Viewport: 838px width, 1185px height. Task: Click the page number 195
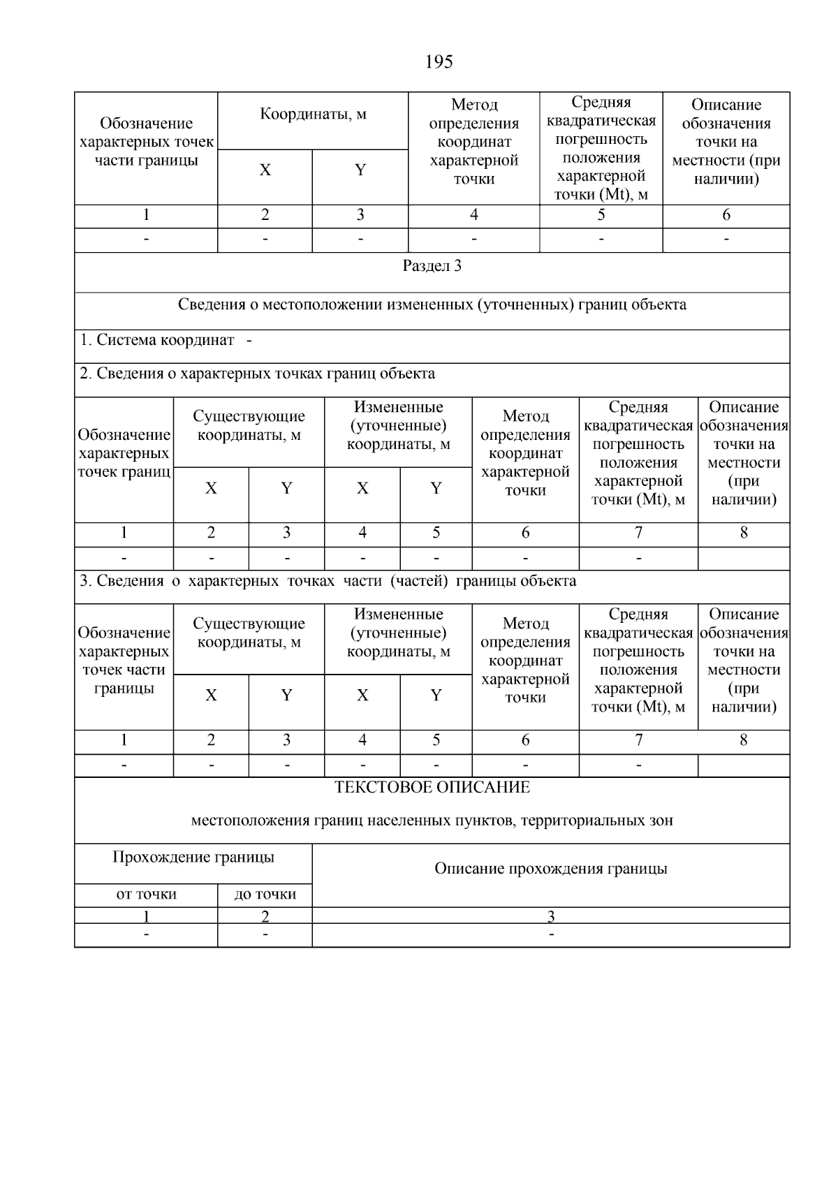(x=439, y=62)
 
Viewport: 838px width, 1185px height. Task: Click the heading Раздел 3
(x=432, y=266)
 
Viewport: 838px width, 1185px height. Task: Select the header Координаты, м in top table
(x=313, y=114)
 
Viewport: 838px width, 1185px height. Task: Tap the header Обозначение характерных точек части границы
(x=146, y=142)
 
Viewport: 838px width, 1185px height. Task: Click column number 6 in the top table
(x=726, y=215)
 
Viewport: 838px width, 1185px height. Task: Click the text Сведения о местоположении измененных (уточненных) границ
(x=432, y=304)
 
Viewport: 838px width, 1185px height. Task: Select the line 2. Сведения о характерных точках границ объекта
(x=257, y=374)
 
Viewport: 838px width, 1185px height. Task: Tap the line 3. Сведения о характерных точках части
(x=328, y=581)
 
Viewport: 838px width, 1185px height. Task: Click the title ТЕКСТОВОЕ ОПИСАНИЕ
(x=432, y=788)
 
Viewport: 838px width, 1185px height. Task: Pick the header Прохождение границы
(x=193, y=857)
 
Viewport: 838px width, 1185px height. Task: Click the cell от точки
(x=146, y=895)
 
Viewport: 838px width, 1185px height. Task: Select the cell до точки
(x=265, y=895)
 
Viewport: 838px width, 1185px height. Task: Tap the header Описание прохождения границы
(x=550, y=869)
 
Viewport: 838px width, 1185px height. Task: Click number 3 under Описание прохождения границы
(x=550, y=916)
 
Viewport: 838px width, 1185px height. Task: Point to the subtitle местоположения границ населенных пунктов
(x=432, y=820)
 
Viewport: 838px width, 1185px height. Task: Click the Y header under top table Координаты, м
(x=360, y=170)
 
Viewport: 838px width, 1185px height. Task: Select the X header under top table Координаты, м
(x=265, y=170)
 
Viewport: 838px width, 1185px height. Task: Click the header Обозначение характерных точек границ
(x=124, y=453)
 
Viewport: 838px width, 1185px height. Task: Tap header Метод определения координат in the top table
(x=473, y=142)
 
